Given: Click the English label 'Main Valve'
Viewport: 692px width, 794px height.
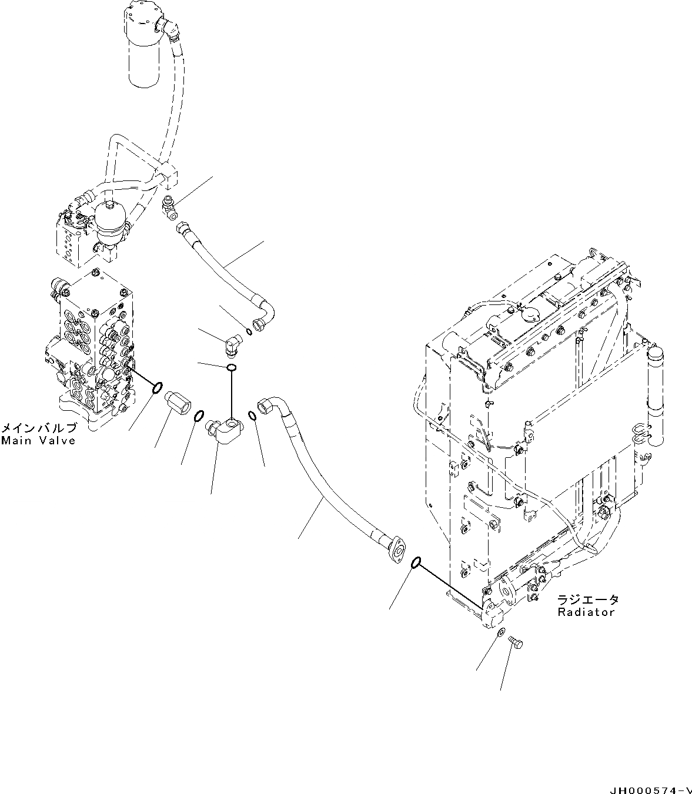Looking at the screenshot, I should point(38,440).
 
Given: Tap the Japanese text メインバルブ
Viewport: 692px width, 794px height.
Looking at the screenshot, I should point(38,428).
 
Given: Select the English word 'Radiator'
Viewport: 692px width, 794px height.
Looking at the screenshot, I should point(586,612).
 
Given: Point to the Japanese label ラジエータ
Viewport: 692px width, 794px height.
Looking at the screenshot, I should point(588,599).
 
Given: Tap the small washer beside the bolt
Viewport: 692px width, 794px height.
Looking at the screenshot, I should point(499,633).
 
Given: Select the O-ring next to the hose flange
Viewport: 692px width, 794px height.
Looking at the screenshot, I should point(415,563).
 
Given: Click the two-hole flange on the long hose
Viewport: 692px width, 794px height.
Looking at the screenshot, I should point(398,551).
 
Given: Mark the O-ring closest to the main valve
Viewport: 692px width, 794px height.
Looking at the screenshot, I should point(158,388).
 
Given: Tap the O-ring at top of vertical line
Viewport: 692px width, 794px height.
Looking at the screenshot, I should point(232,368).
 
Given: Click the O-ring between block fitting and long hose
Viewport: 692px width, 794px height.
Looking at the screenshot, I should point(252,416).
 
